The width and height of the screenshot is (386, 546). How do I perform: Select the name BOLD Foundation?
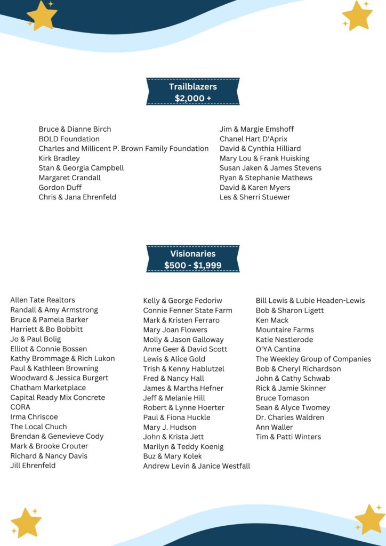(x=69, y=139)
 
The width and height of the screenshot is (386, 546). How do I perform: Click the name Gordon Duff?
(x=60, y=188)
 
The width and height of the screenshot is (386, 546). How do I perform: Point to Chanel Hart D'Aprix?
(x=253, y=139)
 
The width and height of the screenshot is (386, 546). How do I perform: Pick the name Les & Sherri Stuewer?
(x=255, y=197)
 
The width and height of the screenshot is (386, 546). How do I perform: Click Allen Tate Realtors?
(x=43, y=300)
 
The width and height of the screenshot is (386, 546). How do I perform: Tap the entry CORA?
(x=20, y=407)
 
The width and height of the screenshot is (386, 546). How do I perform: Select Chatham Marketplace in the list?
(x=48, y=388)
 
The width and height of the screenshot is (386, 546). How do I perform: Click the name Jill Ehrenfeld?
(x=33, y=465)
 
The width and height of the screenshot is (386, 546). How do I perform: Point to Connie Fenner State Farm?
(x=188, y=310)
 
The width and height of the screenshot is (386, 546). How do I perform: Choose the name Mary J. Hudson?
(x=170, y=427)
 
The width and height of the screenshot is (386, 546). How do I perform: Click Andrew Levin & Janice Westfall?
(x=196, y=466)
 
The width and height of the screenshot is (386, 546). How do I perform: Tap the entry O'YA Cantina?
(x=278, y=349)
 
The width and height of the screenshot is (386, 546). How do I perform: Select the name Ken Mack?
(x=272, y=320)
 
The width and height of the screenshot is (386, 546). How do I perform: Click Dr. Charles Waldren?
(x=289, y=417)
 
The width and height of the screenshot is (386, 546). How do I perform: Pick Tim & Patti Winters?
(x=288, y=437)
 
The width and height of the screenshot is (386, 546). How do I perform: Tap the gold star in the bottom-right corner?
(x=369, y=519)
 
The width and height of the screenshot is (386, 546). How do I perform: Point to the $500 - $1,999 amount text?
(x=193, y=265)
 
